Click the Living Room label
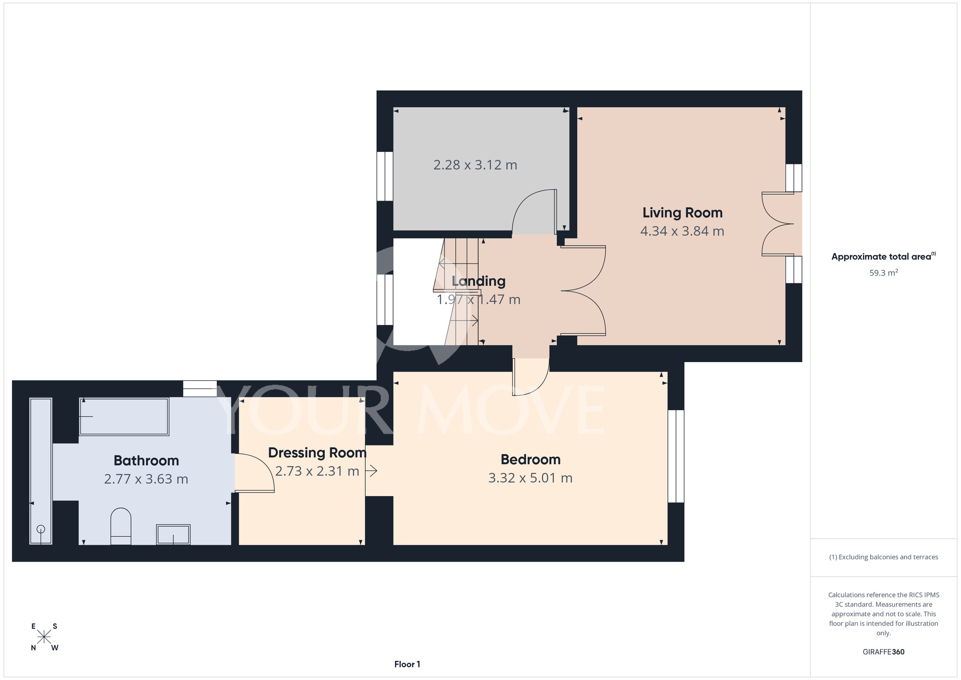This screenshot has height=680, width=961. pyautogui.click(x=682, y=213)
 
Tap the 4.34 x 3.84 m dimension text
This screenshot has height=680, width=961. pyautogui.click(x=682, y=231)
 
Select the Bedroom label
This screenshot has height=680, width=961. pyautogui.click(x=530, y=460)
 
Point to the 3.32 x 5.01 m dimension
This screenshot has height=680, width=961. pyautogui.click(x=530, y=478)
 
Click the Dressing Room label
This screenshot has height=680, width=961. pyautogui.click(x=317, y=453)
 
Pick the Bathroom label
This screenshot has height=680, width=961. pyautogui.click(x=146, y=461)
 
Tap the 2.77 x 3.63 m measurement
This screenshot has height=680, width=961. pyautogui.click(x=146, y=479)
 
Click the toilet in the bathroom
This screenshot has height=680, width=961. pyautogui.click(x=121, y=526)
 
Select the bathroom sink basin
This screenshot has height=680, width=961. pyautogui.click(x=173, y=534)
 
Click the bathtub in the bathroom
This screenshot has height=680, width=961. pyautogui.click(x=124, y=416)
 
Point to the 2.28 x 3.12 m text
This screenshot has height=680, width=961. pyautogui.click(x=475, y=165)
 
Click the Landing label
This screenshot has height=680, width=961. pyautogui.click(x=479, y=281)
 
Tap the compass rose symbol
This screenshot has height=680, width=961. pyautogui.click(x=44, y=637)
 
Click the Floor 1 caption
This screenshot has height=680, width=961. pyautogui.click(x=407, y=664)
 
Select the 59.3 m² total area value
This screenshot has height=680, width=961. pyautogui.click(x=884, y=273)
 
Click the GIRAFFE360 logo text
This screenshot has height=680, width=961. pyautogui.click(x=884, y=652)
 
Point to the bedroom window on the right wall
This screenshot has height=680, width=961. pyautogui.click(x=676, y=456)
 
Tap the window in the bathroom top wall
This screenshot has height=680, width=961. pyautogui.click(x=200, y=389)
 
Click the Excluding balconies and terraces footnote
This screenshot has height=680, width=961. pyautogui.click(x=884, y=557)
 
